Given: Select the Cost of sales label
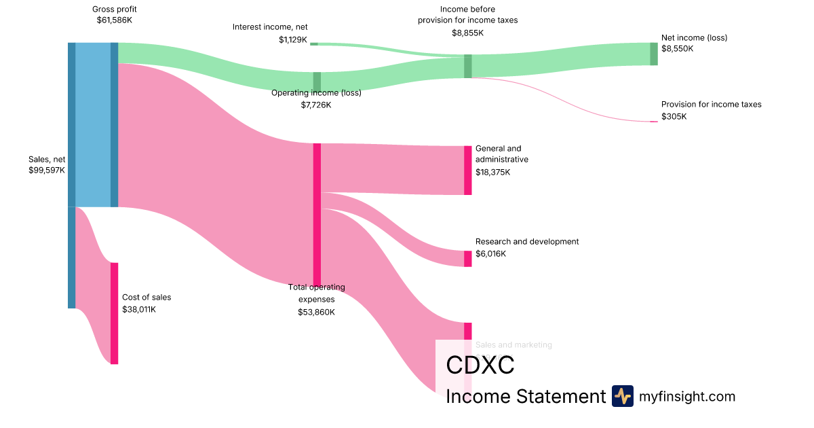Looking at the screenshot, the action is pos(147,297).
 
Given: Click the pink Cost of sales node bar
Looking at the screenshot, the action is pos(114,313).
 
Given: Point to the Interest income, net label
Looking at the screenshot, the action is pos(270,27).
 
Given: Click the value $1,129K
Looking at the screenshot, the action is pos(293,40).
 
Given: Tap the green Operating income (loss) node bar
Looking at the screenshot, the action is pos(317,81).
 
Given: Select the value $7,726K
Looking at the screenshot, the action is pos(316,105).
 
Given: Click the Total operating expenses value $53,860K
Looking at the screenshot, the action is pos(316,312).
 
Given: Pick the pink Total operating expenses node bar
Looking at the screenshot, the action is pos(317,215).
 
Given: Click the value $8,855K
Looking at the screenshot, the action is pos(467,32).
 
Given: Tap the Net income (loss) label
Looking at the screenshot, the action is pos(694,38).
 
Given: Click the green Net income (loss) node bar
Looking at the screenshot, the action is pos(654,54).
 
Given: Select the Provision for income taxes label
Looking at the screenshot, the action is pos(712,105).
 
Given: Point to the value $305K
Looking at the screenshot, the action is pos(674,117).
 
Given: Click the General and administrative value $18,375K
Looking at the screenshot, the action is pos(492,173).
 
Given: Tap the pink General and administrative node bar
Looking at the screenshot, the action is pos(467,171).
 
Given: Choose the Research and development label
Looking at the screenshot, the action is pos(527,242).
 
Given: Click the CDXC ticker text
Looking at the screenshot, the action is pos(480,365).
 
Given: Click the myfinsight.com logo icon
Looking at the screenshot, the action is pos(622,396).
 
